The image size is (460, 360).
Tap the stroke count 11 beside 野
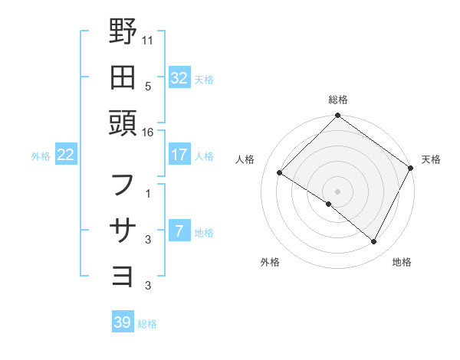click(x=148, y=39)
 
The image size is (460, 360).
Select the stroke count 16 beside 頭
click(x=148, y=133)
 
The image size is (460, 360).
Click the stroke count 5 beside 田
click(x=148, y=86)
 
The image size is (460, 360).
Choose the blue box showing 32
click(x=179, y=77)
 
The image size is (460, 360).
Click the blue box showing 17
click(x=179, y=155)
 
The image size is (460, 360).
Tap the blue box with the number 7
click(x=179, y=232)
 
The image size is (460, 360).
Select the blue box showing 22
click(x=66, y=155)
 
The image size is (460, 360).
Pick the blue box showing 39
click(x=123, y=322)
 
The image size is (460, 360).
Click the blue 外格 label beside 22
click(x=41, y=155)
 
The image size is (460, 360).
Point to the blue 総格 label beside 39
click(x=147, y=323)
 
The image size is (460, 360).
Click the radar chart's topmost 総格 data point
click(x=337, y=117)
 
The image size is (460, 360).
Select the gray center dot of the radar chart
click(x=337, y=191)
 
